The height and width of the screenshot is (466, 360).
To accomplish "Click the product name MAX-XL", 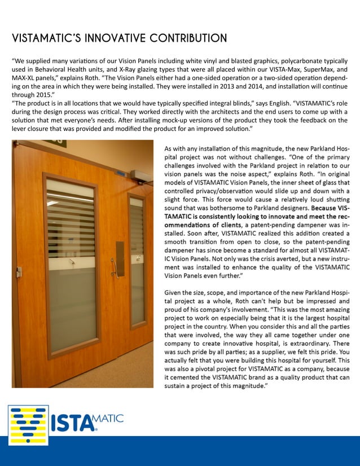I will point(26,77).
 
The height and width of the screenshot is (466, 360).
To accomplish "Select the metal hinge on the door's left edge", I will point(18,271).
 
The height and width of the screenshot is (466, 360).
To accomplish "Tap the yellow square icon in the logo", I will point(28,424).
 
